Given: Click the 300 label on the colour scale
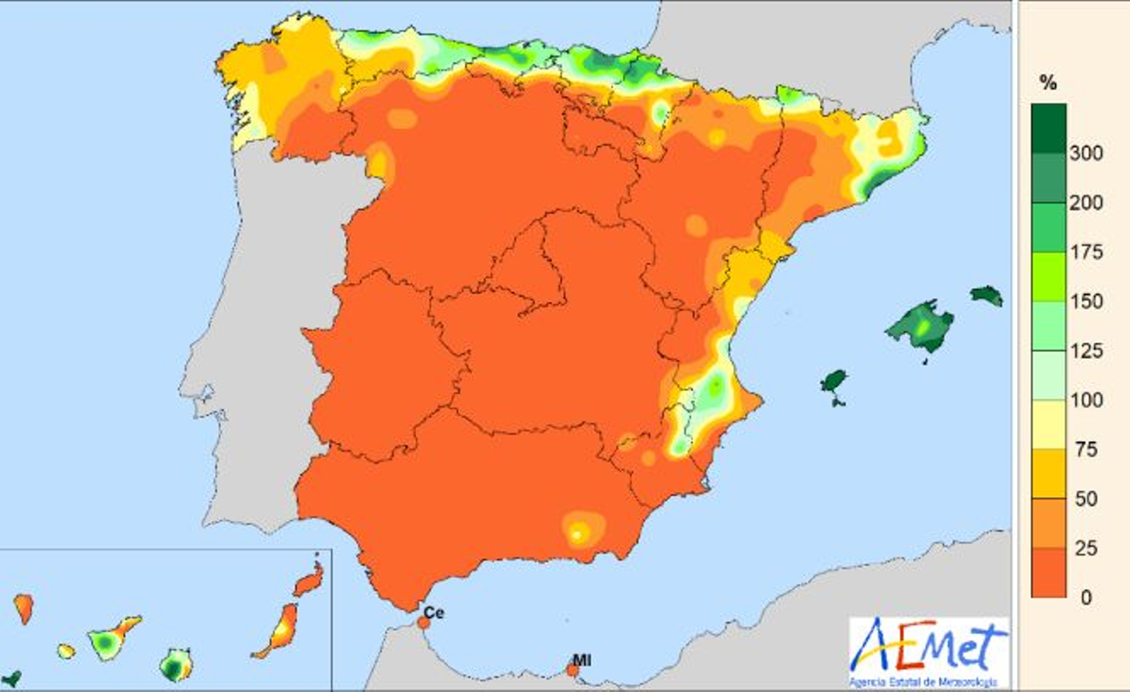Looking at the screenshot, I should (x=1086, y=153).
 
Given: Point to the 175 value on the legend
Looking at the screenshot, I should (x=1086, y=252).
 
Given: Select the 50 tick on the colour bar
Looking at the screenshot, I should (x=1086, y=498).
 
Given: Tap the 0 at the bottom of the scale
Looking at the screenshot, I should (x=1086, y=597).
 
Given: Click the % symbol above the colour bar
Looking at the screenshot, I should (x=1048, y=83).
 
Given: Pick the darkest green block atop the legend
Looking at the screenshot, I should (x=1048, y=128).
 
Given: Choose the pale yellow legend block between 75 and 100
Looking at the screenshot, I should (x=1048, y=424).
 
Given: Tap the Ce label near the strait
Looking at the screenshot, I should (x=433, y=612).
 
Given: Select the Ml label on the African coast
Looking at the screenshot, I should (x=581, y=660).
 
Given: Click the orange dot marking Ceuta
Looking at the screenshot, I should (x=423, y=623).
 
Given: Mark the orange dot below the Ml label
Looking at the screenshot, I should (x=573, y=669).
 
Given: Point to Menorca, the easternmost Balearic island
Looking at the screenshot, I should (x=987, y=295).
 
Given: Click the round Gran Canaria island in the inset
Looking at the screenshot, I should (x=174, y=665).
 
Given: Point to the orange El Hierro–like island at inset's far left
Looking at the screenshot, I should (x=23, y=607).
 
